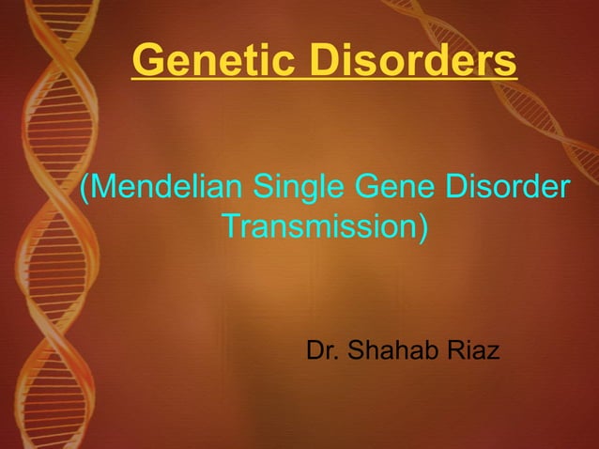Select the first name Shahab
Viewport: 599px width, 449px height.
(x=393, y=352)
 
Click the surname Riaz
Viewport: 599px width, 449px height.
(x=474, y=352)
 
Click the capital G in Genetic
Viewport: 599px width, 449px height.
(x=148, y=61)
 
